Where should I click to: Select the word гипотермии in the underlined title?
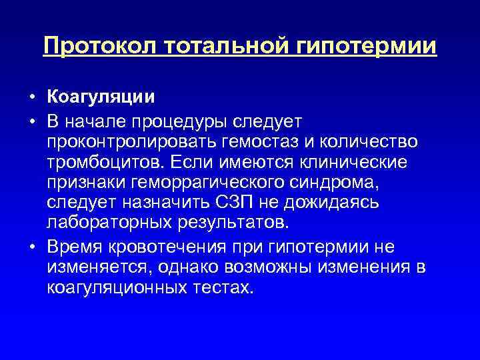pyautogui.click(x=363, y=46)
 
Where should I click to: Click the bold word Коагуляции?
pyautogui.click(x=101, y=97)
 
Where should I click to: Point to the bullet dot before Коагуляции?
pyautogui.click(x=31, y=98)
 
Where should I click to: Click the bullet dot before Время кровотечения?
pyautogui.click(x=31, y=249)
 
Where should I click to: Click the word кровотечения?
pyautogui.click(x=173, y=248)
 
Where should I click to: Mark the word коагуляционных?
pyautogui.click(x=124, y=287)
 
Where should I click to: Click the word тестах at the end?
pyautogui.click(x=229, y=287)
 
